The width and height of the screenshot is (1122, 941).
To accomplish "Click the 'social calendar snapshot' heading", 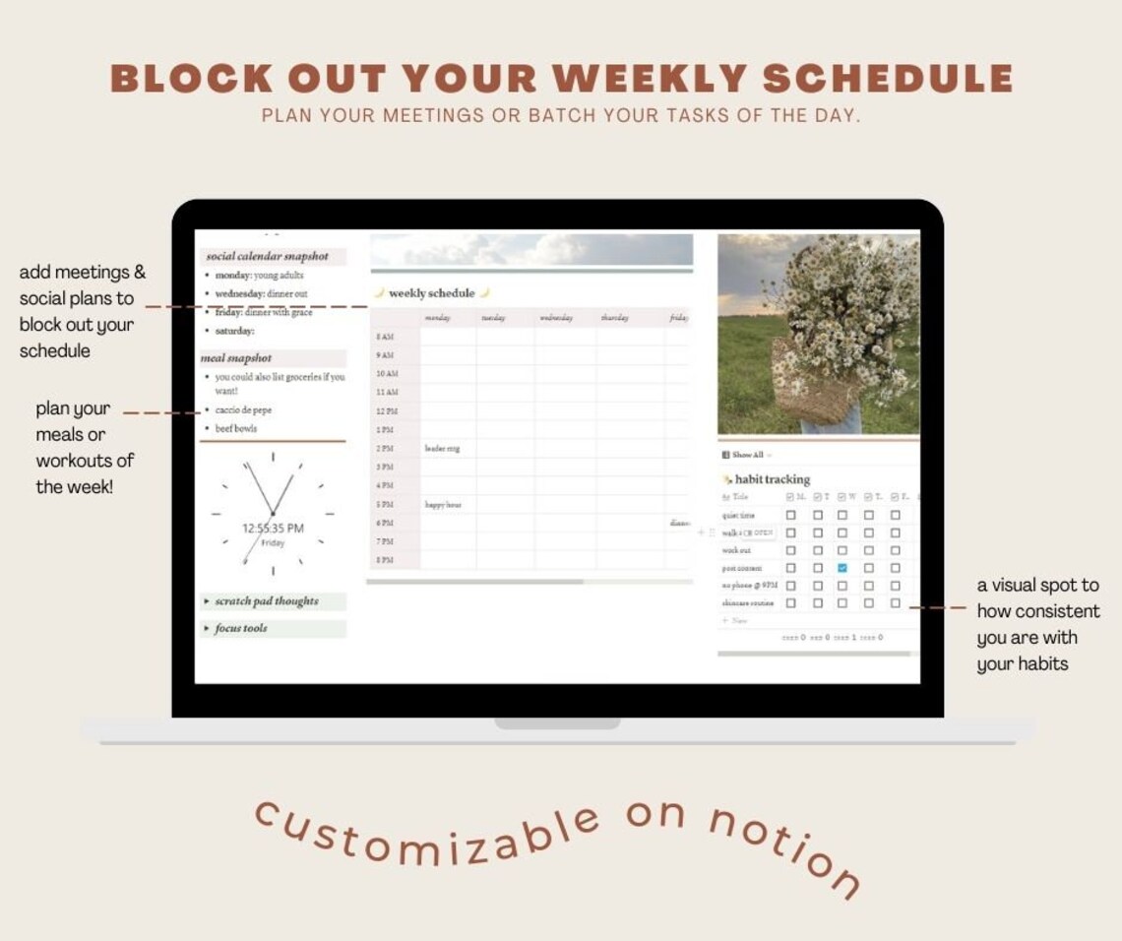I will [267, 256].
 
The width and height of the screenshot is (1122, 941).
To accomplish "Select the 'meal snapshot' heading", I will [236, 358].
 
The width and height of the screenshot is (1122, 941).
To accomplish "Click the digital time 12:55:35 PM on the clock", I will [273, 529].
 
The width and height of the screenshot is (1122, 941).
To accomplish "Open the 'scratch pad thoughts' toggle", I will [266, 601].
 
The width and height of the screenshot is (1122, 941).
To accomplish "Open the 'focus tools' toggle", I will [240, 628].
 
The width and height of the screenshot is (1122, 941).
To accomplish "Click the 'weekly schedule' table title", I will [431, 293].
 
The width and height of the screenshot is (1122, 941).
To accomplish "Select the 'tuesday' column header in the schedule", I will [492, 318].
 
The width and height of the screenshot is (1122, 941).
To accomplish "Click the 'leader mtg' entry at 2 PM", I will [442, 449].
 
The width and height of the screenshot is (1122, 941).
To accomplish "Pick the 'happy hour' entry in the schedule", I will [443, 505].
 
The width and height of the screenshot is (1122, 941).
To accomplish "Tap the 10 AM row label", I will [387, 374].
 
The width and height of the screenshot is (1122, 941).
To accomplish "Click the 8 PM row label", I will [385, 560].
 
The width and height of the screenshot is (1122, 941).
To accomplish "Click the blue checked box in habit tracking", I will [842, 568].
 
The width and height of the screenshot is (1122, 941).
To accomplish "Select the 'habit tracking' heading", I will [772, 479].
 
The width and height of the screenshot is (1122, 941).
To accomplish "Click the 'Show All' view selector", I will [747, 455].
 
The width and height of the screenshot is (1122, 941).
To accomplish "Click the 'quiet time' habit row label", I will [738, 515].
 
